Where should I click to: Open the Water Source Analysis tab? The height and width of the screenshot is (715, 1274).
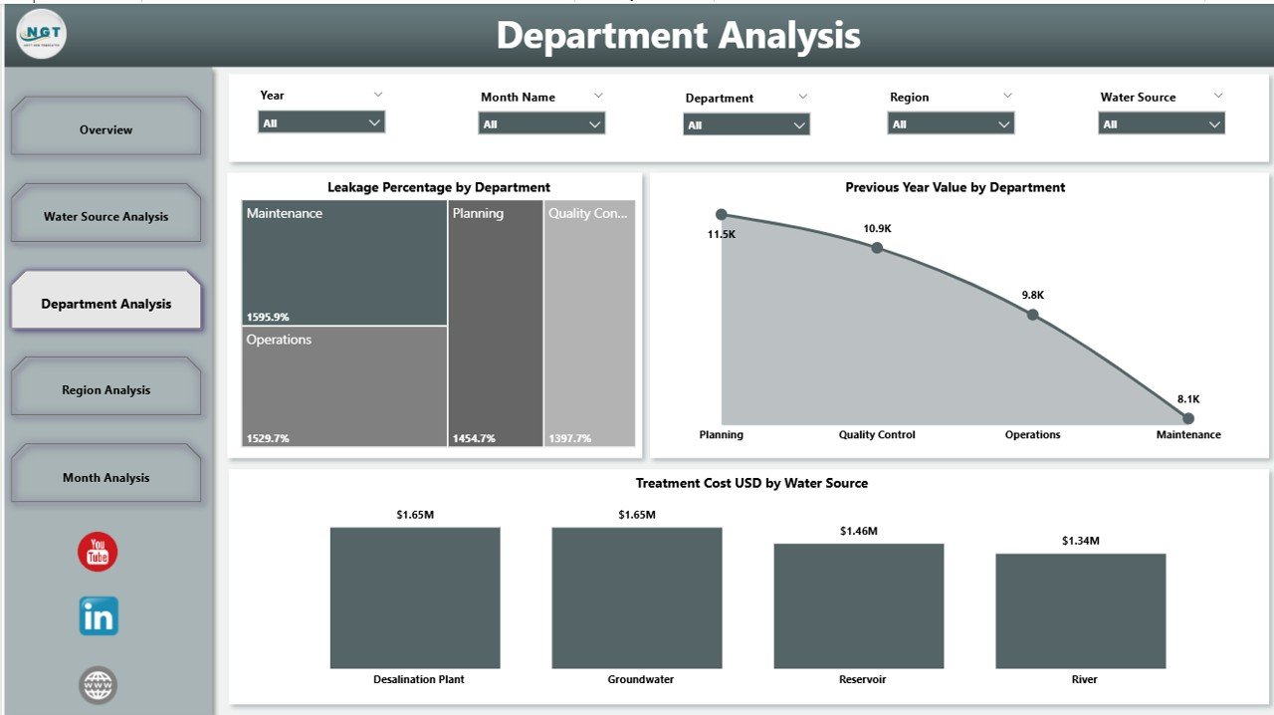(x=106, y=215)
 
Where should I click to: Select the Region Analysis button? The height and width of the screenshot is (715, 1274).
(x=106, y=388)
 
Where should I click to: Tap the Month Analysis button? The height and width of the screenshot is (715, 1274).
(x=106, y=476)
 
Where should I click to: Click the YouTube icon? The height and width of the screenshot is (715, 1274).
(x=98, y=552)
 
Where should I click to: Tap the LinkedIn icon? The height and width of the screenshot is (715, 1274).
(x=99, y=616)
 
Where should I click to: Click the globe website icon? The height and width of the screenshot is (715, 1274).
(x=98, y=685)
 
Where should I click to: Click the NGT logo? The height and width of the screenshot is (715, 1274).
(x=42, y=34)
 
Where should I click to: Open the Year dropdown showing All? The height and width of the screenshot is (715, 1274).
(x=321, y=122)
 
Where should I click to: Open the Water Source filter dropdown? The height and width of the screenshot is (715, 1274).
(x=1162, y=124)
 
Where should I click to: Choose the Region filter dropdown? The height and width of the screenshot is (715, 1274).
(x=951, y=124)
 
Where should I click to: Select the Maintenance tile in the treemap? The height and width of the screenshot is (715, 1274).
(x=344, y=263)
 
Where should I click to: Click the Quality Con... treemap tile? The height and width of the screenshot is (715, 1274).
(x=589, y=324)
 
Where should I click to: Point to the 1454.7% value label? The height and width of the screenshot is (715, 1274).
(x=473, y=438)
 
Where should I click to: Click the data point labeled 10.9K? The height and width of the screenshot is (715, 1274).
(x=877, y=247)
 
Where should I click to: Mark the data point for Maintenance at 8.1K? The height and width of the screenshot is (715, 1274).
(x=1187, y=418)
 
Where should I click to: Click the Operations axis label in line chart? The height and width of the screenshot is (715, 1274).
(x=1032, y=435)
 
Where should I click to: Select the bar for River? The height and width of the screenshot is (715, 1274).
(x=1080, y=610)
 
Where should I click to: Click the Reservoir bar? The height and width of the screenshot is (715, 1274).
(x=858, y=605)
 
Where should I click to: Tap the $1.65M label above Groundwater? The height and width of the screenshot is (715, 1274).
(x=637, y=515)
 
